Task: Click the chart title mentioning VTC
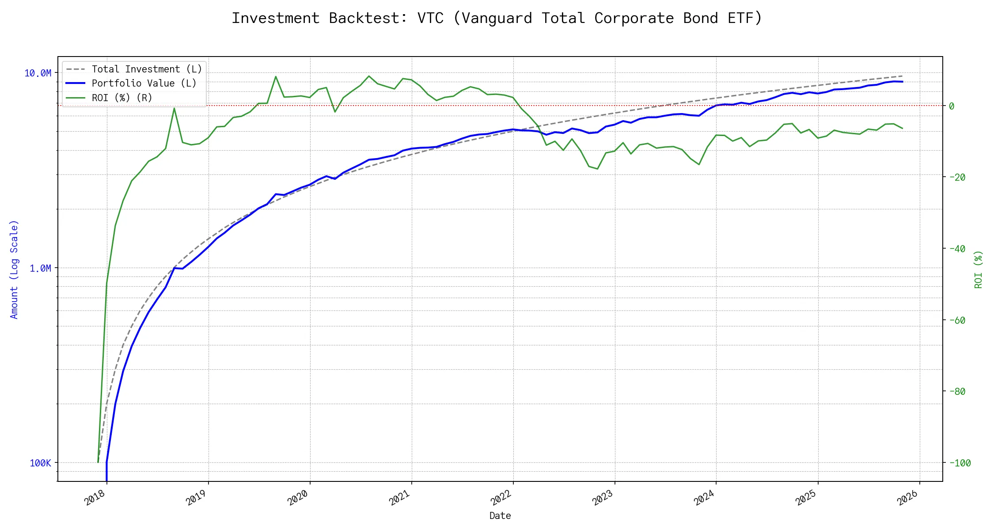[x=497, y=18]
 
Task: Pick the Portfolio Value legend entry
[x=144, y=83]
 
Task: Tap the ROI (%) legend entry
[x=122, y=98]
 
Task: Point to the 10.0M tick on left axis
[x=38, y=73]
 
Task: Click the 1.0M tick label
[x=40, y=269]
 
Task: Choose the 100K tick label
[x=40, y=463]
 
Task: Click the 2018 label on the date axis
[x=95, y=498]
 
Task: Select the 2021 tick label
[x=400, y=498]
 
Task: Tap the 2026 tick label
[x=908, y=498]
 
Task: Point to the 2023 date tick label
[x=603, y=498]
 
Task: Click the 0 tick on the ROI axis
[x=952, y=106]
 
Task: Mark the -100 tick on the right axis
[x=959, y=463]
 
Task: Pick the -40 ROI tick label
[x=956, y=249]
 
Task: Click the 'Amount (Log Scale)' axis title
[x=14, y=269]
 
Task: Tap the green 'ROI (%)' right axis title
[x=979, y=269]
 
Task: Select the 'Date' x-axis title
[x=500, y=516]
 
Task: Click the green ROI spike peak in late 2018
[x=174, y=108]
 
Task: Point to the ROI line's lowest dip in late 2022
[x=597, y=169]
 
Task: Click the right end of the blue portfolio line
[x=903, y=82]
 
